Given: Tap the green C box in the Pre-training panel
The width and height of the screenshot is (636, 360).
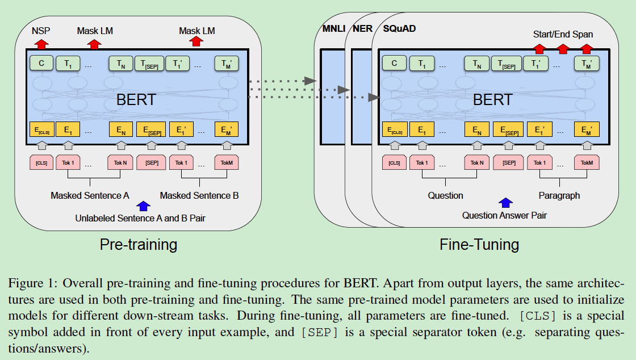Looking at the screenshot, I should click(x=41, y=64).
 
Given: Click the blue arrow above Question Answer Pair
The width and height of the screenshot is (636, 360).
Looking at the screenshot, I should click(x=505, y=202).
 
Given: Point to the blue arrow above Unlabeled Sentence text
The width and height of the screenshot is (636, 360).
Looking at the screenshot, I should click(x=144, y=205).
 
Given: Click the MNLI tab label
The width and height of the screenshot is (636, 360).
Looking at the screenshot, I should click(x=329, y=28).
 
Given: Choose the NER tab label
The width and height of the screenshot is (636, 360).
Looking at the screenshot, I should click(x=363, y=28).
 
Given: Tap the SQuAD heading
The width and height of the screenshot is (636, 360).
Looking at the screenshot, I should click(x=399, y=28).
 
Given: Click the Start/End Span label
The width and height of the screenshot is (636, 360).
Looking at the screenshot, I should click(x=563, y=34).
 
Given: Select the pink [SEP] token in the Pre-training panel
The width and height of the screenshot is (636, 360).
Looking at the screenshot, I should click(x=152, y=163).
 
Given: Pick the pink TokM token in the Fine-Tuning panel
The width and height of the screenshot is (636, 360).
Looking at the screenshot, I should click(x=587, y=163).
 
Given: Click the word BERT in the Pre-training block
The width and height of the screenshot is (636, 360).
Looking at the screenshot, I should click(x=136, y=100).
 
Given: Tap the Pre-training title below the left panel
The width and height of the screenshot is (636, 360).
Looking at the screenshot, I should click(x=138, y=245).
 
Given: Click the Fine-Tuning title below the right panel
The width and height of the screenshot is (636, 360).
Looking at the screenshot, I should click(x=479, y=245).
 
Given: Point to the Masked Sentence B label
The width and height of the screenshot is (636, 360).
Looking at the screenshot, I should click(x=199, y=196).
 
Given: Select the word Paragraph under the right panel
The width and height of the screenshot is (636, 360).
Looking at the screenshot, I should click(x=559, y=196).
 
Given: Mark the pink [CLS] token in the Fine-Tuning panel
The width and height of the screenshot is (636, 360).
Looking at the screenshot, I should click(x=394, y=163).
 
